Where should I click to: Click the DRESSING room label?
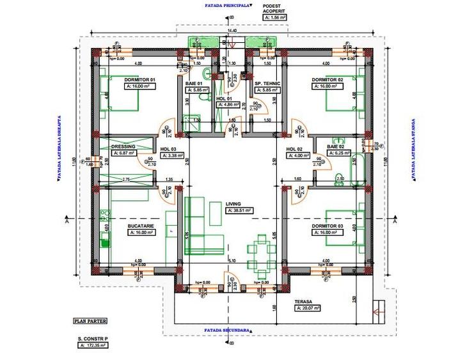coord(122,146)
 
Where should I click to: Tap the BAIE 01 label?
coord(193,84)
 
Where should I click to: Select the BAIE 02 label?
coord(336,146)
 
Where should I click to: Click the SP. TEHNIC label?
coord(265,84)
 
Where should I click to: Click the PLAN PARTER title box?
coord(90,322)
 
